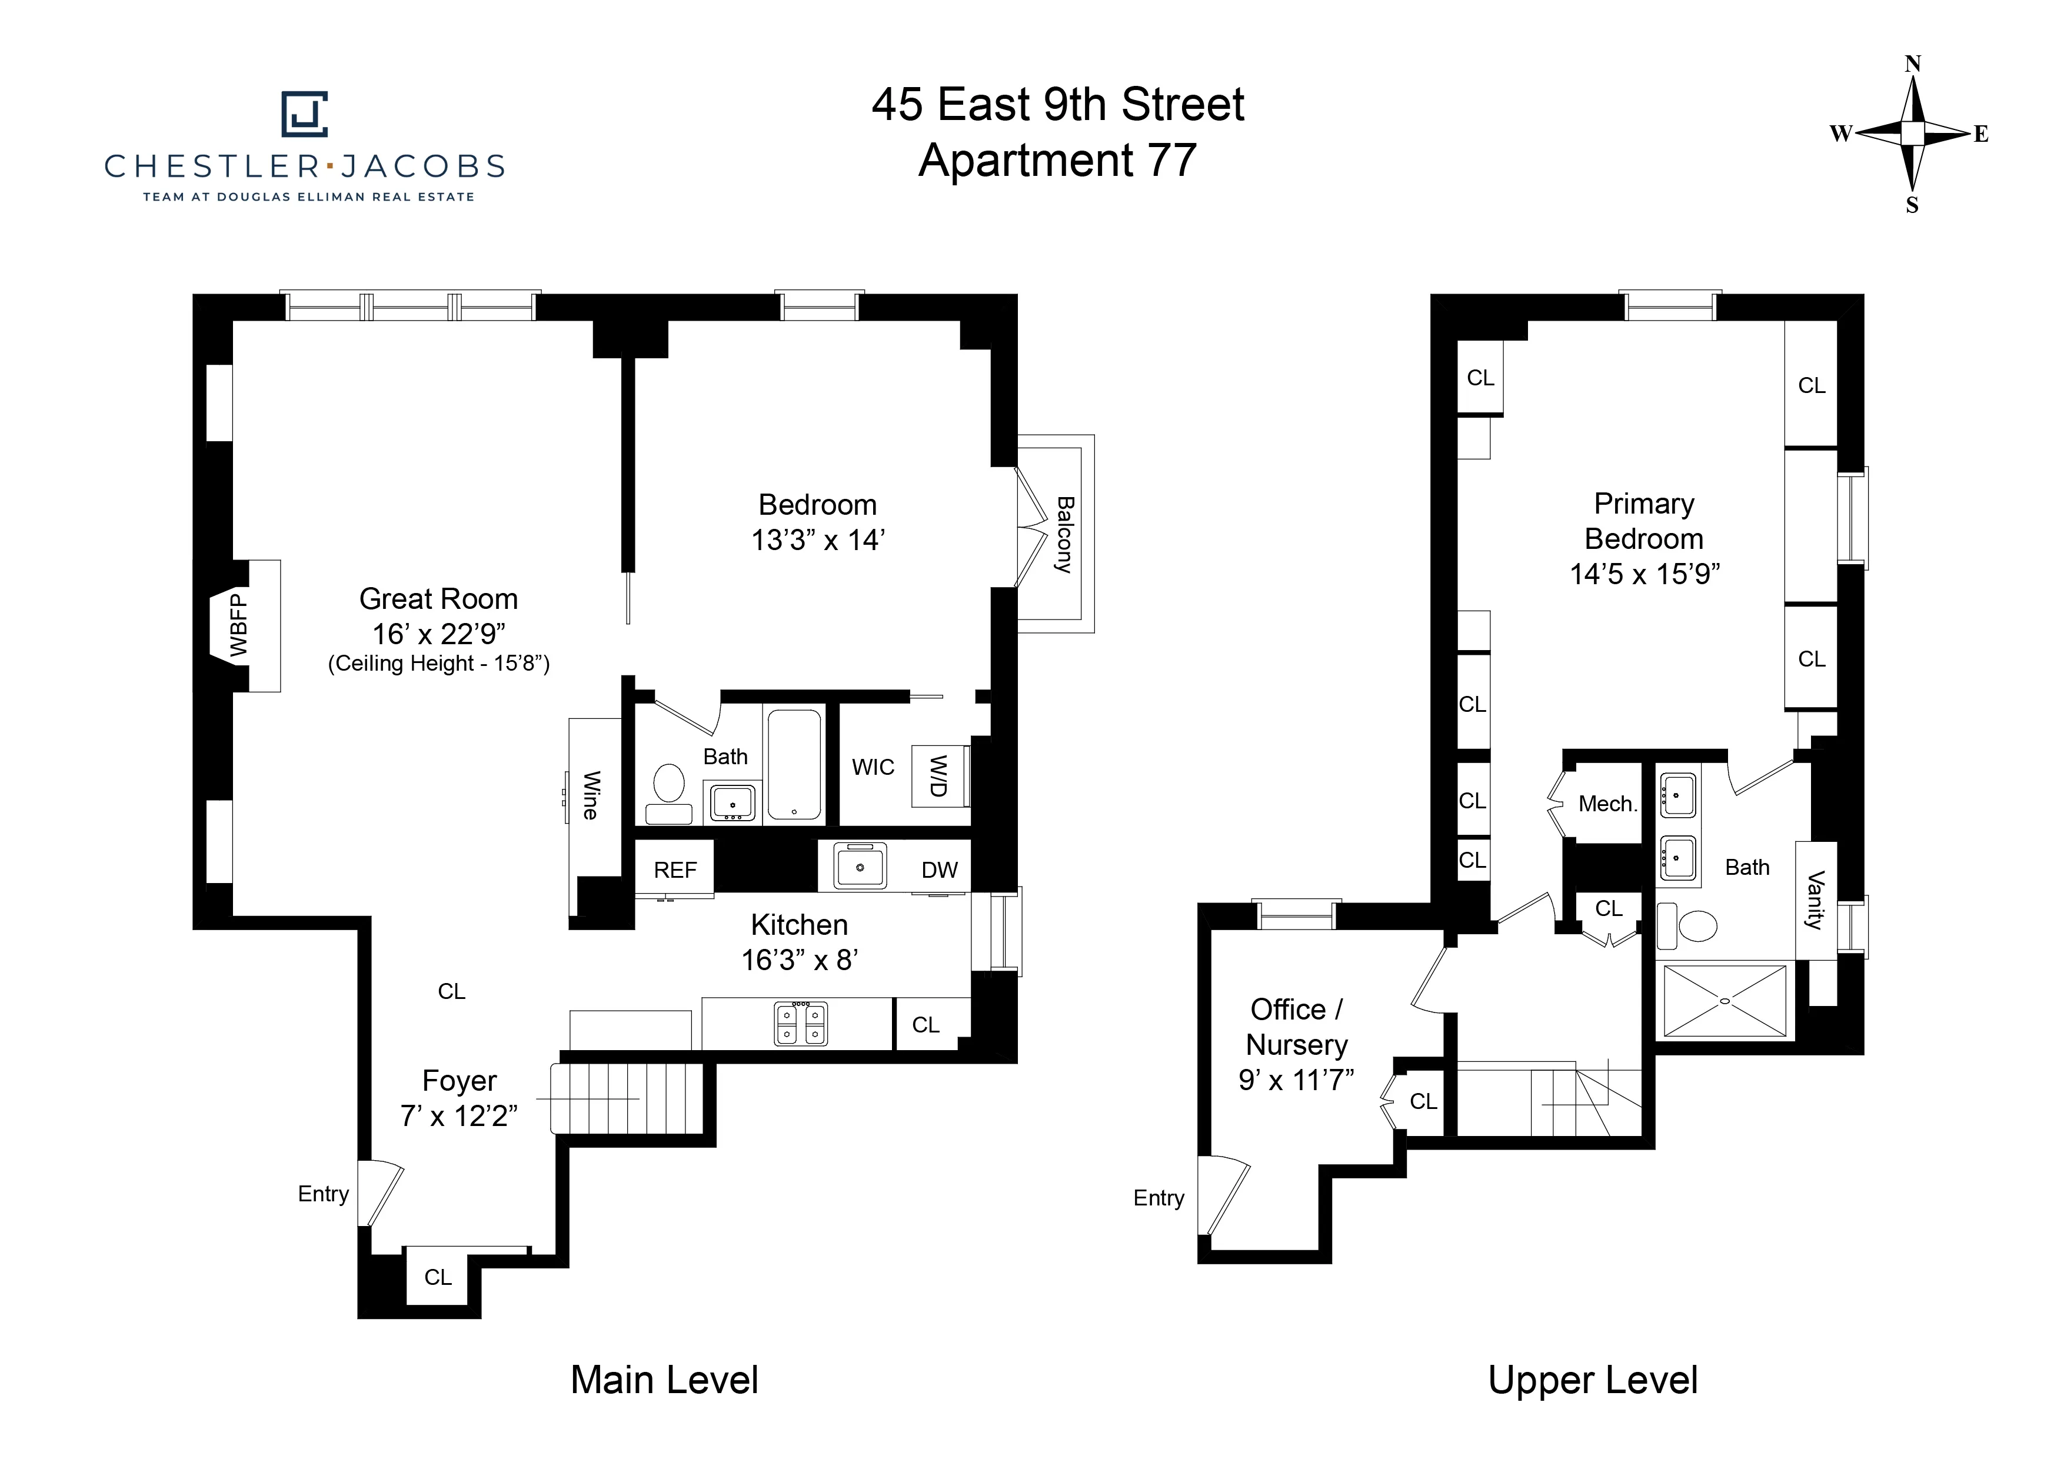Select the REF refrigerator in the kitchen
pyautogui.click(x=675, y=870)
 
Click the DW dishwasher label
pyautogui.click(x=940, y=870)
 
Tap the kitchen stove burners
pyautogui.click(x=801, y=1024)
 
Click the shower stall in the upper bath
pyautogui.click(x=1725, y=1001)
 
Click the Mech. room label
pyautogui.click(x=1608, y=804)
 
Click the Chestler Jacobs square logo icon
pyautogui.click(x=305, y=114)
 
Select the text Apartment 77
pyautogui.click(x=1057, y=161)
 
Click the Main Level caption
pyautogui.click(x=664, y=1380)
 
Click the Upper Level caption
pyautogui.click(x=1593, y=1380)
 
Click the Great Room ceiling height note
pyautogui.click(x=439, y=664)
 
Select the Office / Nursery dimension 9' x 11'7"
pyautogui.click(x=1296, y=1080)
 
